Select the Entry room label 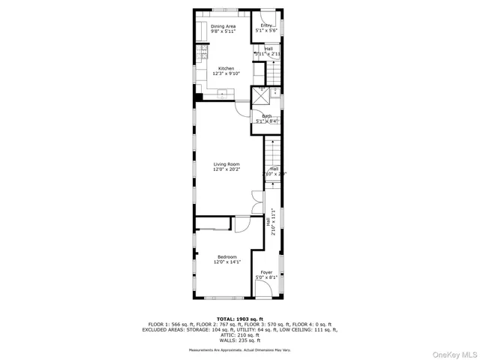(x=266, y=26)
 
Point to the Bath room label (x=267, y=115)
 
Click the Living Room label (x=226, y=164)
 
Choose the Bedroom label (x=226, y=257)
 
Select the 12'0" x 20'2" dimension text (x=226, y=169)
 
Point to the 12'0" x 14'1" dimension (x=226, y=262)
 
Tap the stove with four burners (x=202, y=52)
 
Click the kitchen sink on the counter (x=223, y=93)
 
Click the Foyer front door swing (x=262, y=289)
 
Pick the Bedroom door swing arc (x=241, y=223)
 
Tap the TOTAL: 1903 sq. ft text (x=240, y=318)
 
